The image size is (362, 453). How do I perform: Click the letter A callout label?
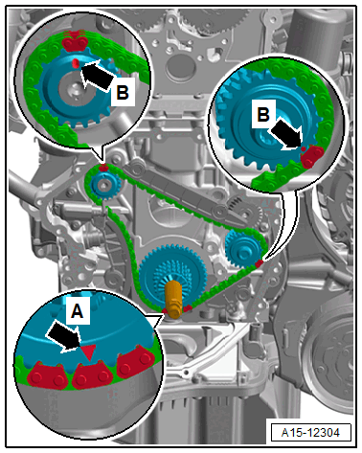[77, 310]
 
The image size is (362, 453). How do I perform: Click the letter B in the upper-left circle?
[123, 92]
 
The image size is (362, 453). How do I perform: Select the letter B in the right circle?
[263, 114]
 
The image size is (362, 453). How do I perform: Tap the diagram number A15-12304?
[310, 432]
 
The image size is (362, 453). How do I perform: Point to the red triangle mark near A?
[88, 352]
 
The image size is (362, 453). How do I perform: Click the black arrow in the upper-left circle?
[98, 76]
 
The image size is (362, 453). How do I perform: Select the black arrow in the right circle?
[286, 134]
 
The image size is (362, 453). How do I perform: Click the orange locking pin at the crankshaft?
[173, 300]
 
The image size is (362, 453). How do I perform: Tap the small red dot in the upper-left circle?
[76, 63]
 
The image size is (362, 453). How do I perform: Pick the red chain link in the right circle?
[312, 156]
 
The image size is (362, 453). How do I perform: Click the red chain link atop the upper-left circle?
[75, 41]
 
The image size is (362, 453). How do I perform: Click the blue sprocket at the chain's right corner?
[243, 251]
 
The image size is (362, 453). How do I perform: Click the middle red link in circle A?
[92, 375]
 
